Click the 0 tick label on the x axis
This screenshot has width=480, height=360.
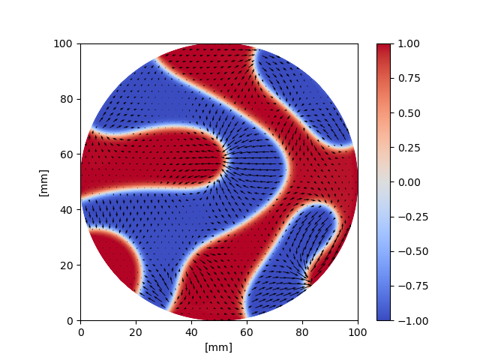coord(81,332)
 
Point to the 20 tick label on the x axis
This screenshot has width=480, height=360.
coord(136,332)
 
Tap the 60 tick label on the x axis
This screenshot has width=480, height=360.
coord(247,332)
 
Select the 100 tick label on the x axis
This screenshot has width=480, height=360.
coord(358,332)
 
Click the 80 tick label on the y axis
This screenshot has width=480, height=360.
coord(65,99)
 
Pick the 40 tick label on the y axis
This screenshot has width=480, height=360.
coord(65,210)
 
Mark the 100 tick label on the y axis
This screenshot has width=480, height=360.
coord(63,43)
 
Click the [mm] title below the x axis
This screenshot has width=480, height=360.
coord(219,347)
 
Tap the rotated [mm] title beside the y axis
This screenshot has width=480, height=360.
coord(43,182)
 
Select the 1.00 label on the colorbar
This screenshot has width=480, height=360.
coord(408,43)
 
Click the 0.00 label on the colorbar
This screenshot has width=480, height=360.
coord(408,182)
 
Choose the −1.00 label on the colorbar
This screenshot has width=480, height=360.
coord(411,320)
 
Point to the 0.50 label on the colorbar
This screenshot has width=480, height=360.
coord(408,112)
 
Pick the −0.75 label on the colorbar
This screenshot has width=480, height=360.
coord(411,286)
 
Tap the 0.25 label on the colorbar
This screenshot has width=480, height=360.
coord(408,148)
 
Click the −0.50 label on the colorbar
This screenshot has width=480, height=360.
coord(411,251)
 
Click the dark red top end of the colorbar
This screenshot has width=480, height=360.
coord(383,46)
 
